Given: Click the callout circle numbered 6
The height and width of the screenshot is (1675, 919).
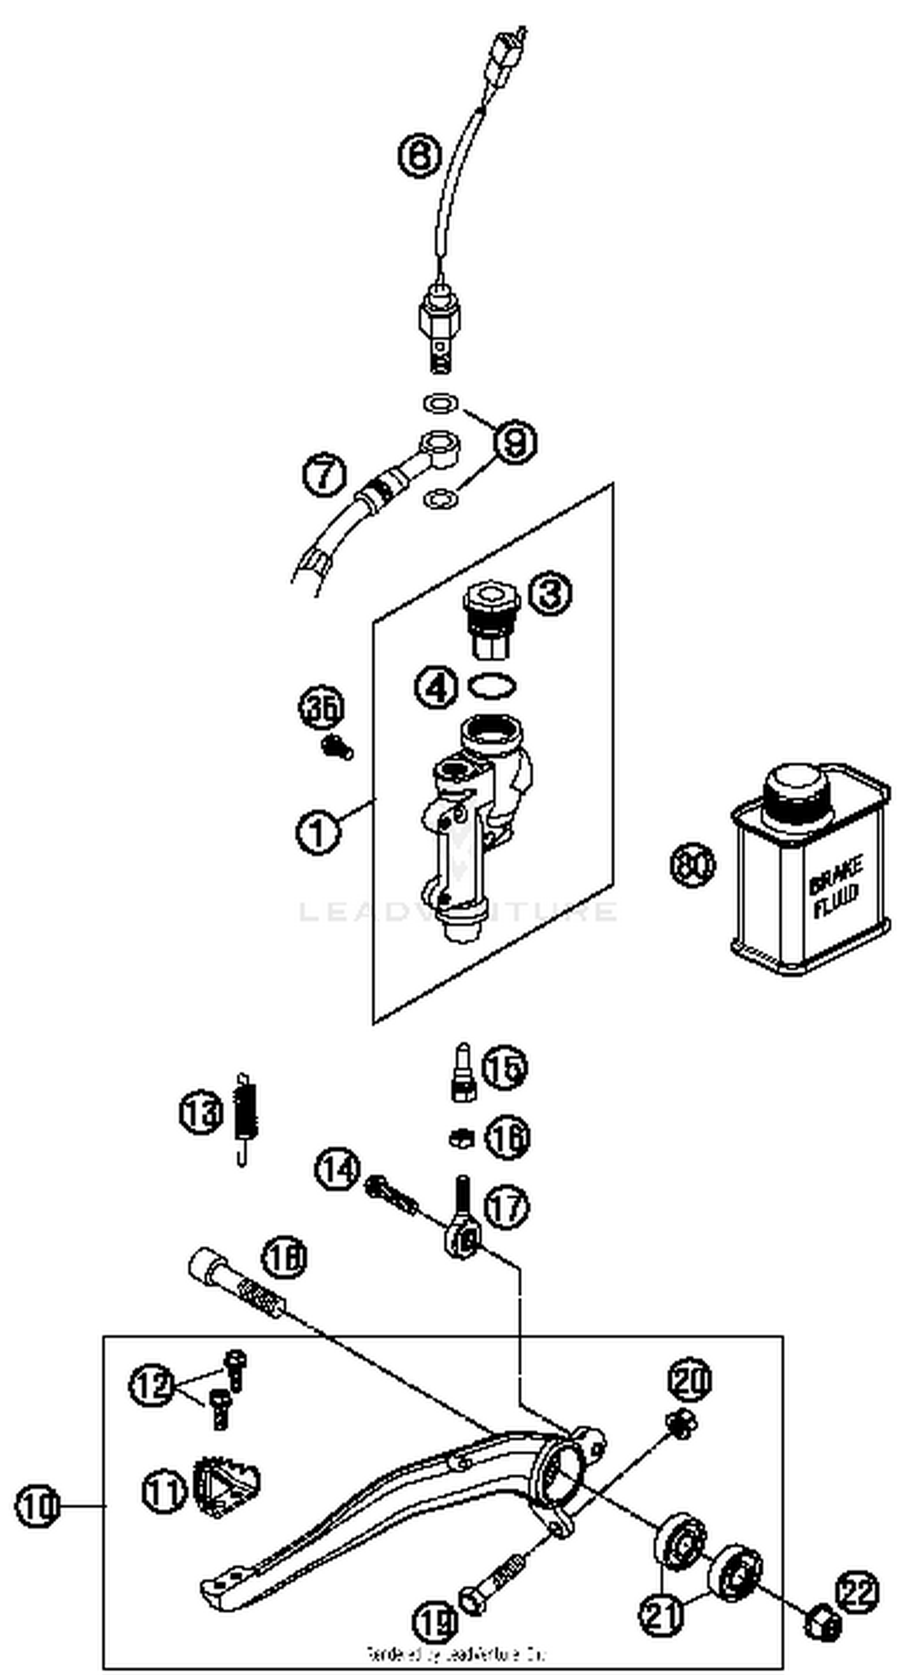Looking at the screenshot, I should point(420,156).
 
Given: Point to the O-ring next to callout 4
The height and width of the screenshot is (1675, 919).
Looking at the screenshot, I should point(493,686).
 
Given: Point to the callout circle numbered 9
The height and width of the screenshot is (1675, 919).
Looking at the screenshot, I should point(515,442).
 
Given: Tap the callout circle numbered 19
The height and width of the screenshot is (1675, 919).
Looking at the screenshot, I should point(435,1605).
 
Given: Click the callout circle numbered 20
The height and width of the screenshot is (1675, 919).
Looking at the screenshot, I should point(689,1378).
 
